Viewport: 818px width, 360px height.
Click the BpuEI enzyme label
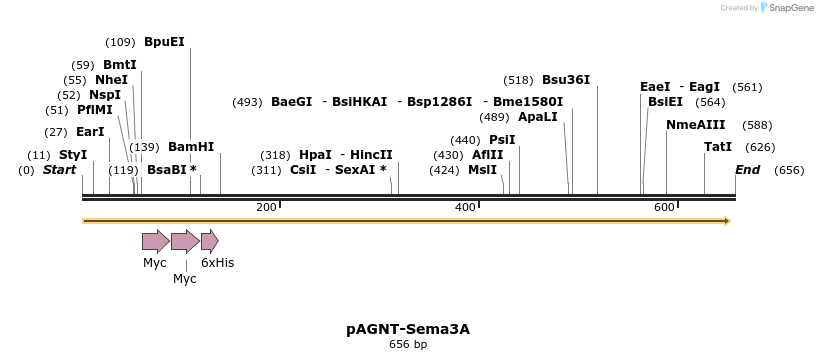[x=164, y=42]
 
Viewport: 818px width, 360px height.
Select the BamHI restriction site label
[x=191, y=147]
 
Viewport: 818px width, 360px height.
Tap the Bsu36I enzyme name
[x=566, y=80]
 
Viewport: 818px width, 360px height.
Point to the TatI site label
[x=718, y=147]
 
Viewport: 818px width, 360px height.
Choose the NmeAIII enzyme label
[x=696, y=125]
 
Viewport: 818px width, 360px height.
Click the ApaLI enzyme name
[x=537, y=117]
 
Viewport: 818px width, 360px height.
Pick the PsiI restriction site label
[x=502, y=140]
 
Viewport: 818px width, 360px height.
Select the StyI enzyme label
[x=73, y=155]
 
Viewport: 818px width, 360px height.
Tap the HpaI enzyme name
[x=315, y=155]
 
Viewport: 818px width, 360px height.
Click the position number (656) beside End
[x=789, y=170]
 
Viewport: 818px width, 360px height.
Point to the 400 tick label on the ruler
[x=465, y=207]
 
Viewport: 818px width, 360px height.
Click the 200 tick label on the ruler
[x=266, y=207]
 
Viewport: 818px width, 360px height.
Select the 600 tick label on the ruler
[x=664, y=207]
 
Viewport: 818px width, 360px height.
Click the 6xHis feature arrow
[x=209, y=241]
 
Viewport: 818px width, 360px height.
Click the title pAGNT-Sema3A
[x=408, y=328]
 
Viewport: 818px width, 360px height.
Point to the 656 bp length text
[x=408, y=345]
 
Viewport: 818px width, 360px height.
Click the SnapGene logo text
[x=790, y=8]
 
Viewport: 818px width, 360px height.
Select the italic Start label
[x=59, y=170]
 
